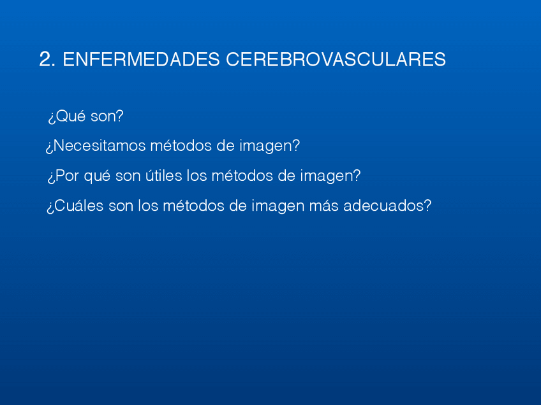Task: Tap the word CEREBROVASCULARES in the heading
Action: (x=336, y=60)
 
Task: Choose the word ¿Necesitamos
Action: (x=95, y=146)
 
